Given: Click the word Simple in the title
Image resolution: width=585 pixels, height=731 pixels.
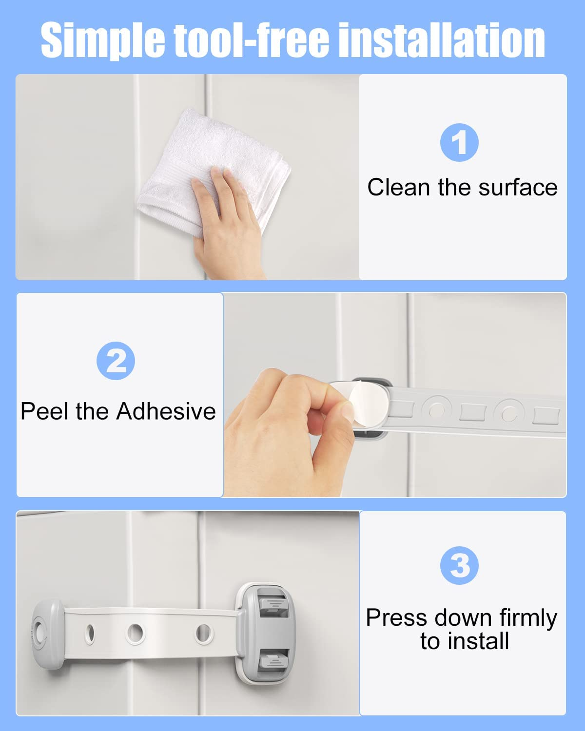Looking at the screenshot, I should [103, 40].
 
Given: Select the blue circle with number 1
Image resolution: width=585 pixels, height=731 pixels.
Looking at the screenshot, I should [459, 143].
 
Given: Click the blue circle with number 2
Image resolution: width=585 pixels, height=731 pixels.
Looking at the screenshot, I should [116, 361].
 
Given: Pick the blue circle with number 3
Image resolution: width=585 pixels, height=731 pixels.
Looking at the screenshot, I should [459, 566].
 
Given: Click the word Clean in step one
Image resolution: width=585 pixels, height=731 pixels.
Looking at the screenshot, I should [399, 188].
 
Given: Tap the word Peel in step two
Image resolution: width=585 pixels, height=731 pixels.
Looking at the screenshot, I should [45, 411].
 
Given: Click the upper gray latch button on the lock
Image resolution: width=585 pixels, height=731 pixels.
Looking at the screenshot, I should [273, 604].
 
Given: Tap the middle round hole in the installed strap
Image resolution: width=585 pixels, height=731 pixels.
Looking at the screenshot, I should [136, 633].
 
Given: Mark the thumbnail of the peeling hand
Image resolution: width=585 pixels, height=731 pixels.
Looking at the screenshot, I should [347, 412].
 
